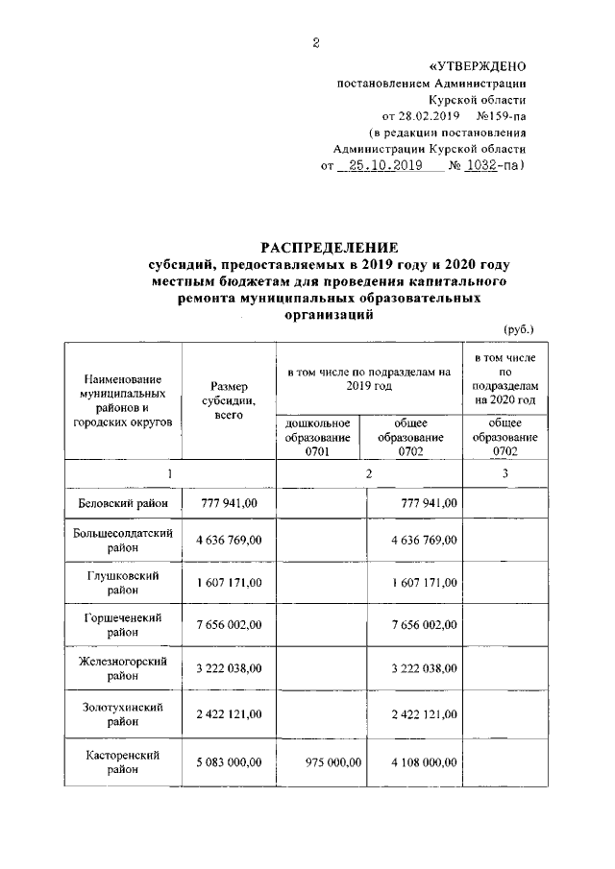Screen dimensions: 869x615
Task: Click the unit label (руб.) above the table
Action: (x=518, y=329)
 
